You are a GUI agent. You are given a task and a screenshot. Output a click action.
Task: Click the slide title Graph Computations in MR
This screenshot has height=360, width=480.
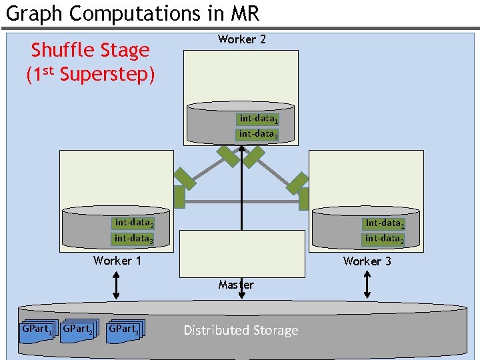(132, 13)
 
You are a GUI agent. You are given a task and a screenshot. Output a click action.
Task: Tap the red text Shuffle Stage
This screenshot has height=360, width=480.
(91, 50)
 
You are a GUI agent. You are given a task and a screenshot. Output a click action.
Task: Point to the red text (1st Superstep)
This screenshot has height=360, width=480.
(91, 74)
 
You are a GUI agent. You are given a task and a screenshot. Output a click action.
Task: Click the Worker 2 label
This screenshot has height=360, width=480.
(241, 39)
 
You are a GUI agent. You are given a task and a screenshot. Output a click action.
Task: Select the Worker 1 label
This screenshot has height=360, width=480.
(117, 260)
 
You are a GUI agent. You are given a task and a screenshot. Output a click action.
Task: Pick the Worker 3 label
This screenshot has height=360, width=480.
(367, 261)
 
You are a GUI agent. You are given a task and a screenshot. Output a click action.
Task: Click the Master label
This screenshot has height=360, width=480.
(236, 285)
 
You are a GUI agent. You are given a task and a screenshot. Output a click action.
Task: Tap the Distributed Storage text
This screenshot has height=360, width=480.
(241, 330)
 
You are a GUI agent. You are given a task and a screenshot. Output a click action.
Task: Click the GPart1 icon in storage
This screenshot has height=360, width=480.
(36, 331)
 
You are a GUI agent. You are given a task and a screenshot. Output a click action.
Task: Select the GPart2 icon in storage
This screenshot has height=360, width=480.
(79, 331)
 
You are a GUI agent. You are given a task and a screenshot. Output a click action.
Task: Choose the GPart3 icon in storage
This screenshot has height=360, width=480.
(125, 331)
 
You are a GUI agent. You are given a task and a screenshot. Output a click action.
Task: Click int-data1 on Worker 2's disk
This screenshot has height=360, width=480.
(258, 119)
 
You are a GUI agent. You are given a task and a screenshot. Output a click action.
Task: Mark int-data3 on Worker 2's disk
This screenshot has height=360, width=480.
(258, 134)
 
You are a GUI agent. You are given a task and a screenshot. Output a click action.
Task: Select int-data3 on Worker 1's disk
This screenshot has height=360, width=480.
(133, 238)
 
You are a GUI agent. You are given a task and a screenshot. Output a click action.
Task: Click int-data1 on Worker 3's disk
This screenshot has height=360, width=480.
(384, 224)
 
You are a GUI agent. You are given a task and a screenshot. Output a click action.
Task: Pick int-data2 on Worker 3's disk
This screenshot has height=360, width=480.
(384, 239)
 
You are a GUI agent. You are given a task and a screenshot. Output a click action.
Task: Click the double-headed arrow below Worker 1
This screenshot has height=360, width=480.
(117, 285)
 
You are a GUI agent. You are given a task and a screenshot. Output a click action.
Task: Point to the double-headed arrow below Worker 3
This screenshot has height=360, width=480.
(367, 285)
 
